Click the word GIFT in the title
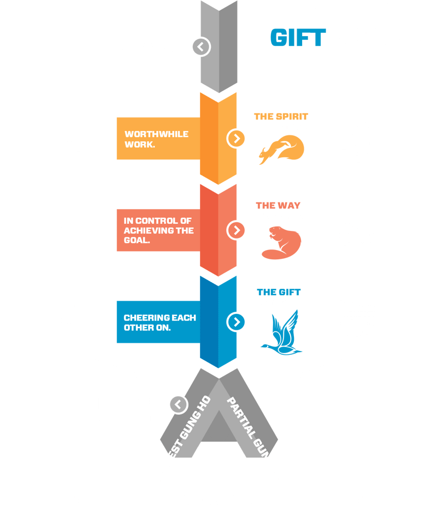pos(298,38)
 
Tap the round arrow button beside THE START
pos(200,47)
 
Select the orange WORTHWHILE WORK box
pos(158,138)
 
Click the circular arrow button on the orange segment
pos(236,138)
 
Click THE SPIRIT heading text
pos(281,117)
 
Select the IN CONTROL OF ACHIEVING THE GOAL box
pos(158,230)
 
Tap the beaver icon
pos(280,242)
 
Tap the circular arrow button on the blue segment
pos(236,322)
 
